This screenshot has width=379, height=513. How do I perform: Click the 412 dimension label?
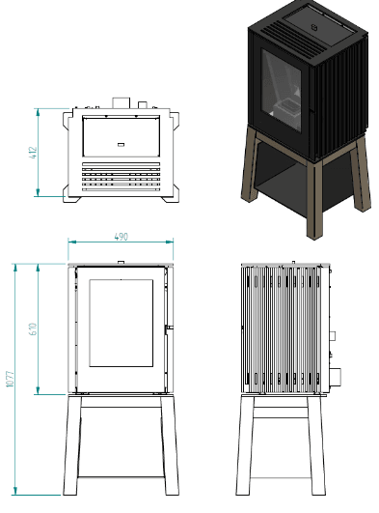click(34, 153)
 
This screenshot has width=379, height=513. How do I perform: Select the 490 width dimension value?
click(122, 237)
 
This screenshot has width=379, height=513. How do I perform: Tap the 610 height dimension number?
click(34, 328)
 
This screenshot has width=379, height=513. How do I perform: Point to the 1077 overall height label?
click(11, 379)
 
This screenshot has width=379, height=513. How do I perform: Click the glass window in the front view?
click(122, 323)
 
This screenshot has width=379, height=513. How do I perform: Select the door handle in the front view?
click(169, 328)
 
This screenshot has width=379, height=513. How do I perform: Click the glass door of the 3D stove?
click(282, 91)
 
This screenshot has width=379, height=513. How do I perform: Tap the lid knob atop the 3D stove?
click(314, 27)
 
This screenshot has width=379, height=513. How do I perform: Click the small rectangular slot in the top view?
click(121, 144)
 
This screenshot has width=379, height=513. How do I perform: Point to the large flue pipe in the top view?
click(122, 102)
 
